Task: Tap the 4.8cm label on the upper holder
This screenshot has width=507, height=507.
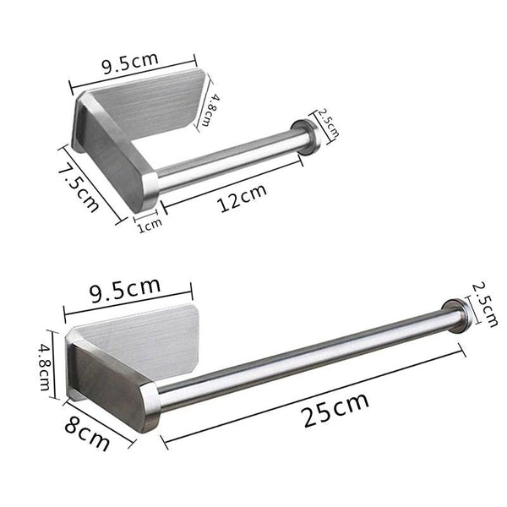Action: (x=215, y=109)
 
